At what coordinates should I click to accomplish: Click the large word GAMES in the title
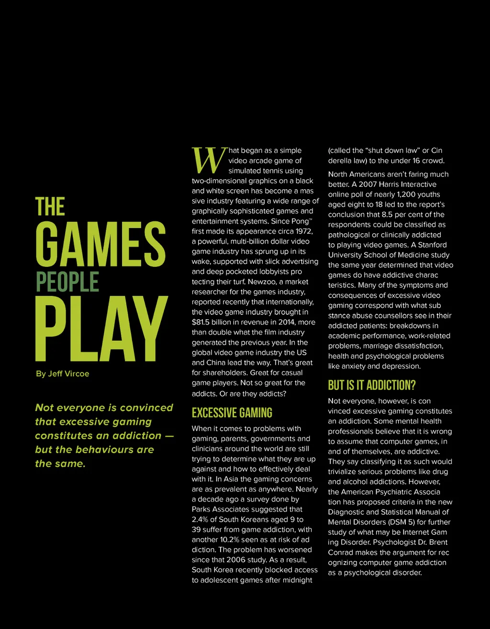(x=100, y=244)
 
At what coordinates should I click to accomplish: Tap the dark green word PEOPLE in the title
(x=67, y=282)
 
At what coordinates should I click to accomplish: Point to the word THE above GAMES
(x=50, y=207)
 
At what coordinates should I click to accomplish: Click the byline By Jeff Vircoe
(x=62, y=374)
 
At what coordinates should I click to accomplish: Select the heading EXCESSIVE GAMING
(x=232, y=413)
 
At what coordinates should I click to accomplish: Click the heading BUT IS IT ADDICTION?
(x=372, y=385)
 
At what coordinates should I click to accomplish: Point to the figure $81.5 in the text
(x=202, y=322)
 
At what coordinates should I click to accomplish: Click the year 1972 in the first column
(x=303, y=231)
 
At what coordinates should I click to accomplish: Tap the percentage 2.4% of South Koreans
(x=201, y=520)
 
